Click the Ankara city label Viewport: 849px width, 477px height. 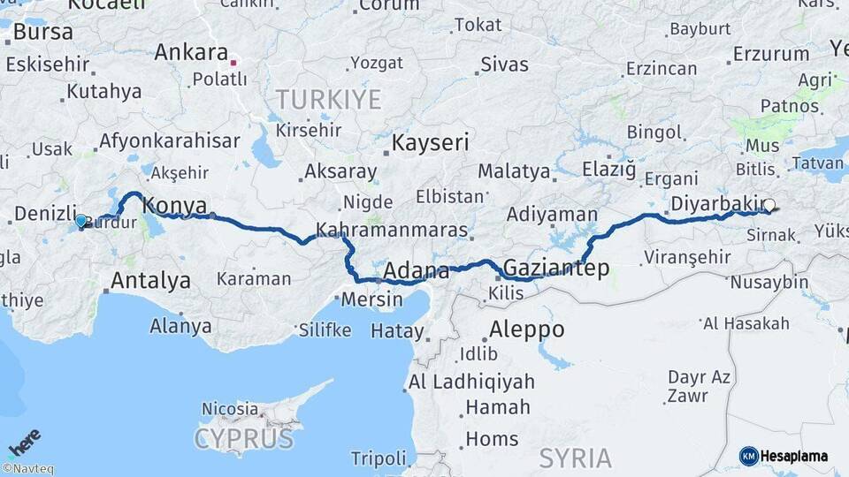(x=191, y=52)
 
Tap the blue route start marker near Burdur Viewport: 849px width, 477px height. (x=81, y=221)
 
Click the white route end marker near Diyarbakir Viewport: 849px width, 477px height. (x=769, y=206)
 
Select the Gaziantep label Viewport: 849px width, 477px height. (x=556, y=269)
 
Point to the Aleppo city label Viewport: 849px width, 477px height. (x=526, y=329)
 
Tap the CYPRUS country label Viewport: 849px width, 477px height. (x=243, y=438)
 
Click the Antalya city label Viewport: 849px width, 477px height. (x=150, y=281)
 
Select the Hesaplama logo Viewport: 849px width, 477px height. (x=784, y=456)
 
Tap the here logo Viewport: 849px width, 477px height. (x=24, y=441)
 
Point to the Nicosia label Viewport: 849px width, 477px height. (x=230, y=409)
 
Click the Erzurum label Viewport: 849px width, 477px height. (x=771, y=54)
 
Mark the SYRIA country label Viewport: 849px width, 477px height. (x=575, y=458)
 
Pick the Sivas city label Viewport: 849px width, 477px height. (x=504, y=64)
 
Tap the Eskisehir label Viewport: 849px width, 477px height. (x=48, y=64)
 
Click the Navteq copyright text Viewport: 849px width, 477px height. (x=27, y=469)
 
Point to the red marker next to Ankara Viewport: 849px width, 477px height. (x=234, y=63)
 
